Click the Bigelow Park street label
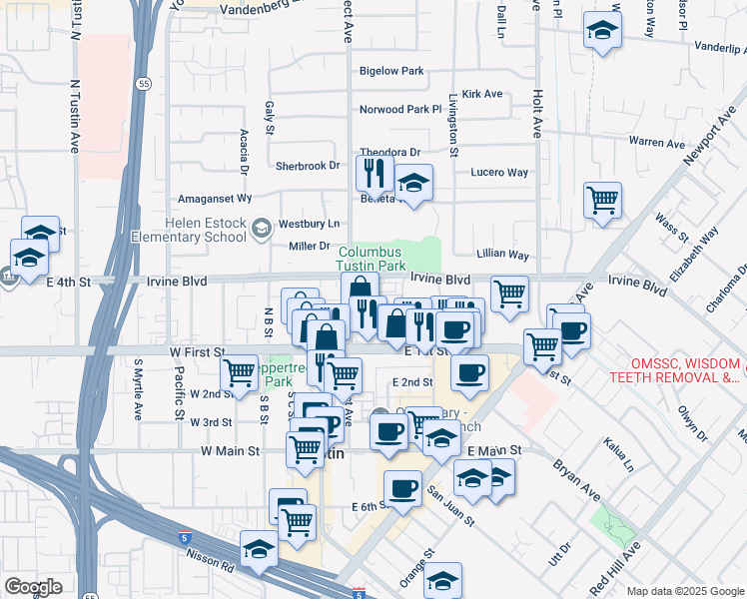point(391,71)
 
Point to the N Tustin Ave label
point(75,117)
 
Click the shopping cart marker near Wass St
point(602,201)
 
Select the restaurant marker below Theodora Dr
point(374,174)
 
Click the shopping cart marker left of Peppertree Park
point(240,373)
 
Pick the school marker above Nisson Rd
point(259,549)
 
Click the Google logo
point(33,587)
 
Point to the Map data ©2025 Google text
point(684,591)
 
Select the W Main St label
point(230,451)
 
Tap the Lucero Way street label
point(499,173)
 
